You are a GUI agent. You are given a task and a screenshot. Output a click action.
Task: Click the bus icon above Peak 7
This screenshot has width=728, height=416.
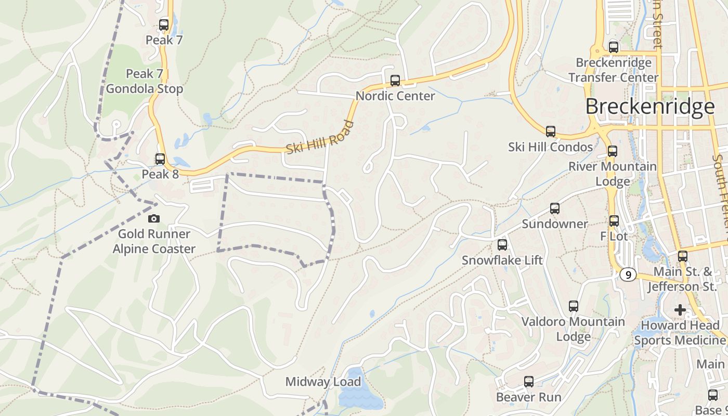pos(164,24)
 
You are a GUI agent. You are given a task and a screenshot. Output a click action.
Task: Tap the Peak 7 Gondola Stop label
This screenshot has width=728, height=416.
pos(145,81)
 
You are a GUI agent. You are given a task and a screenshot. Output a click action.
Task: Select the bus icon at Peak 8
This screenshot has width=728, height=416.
pos(160,159)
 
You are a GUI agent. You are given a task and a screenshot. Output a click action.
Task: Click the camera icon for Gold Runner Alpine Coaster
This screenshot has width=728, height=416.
pos(154,219)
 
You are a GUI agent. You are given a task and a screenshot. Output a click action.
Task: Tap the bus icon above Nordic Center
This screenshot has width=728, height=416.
pos(395,81)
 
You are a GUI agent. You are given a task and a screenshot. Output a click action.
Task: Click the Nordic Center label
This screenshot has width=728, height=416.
pos(395,96)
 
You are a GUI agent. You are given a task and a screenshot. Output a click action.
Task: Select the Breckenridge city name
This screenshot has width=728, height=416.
pos(650,107)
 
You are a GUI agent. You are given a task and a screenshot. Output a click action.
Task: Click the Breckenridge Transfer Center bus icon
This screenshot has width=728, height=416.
pos(614,47)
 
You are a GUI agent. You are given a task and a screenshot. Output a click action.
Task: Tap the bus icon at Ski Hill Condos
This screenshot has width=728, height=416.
pos(551,132)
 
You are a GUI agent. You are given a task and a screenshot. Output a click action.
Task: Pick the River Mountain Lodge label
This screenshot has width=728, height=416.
pos(613,174)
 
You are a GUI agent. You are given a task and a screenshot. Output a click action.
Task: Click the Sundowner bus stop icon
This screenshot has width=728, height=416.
pos(555,209)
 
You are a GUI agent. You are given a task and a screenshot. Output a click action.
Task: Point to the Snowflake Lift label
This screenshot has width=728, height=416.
pos(502,260)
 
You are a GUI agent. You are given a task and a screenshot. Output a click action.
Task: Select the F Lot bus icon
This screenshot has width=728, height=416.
pos(614,221)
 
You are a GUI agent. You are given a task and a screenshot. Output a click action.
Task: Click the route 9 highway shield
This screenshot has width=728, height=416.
pos(628,274)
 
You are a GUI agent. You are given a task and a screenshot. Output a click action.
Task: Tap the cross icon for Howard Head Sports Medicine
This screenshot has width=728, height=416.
pos(680,310)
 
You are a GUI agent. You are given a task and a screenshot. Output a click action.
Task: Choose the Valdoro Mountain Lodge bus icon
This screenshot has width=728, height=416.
pos(574,306)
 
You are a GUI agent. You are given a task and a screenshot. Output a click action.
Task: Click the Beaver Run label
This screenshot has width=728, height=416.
pos(528,397)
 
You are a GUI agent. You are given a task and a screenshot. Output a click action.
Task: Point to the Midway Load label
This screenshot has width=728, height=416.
pos(323,382)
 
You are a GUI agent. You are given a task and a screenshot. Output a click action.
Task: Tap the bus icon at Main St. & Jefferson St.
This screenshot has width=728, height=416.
pos(683,256)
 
